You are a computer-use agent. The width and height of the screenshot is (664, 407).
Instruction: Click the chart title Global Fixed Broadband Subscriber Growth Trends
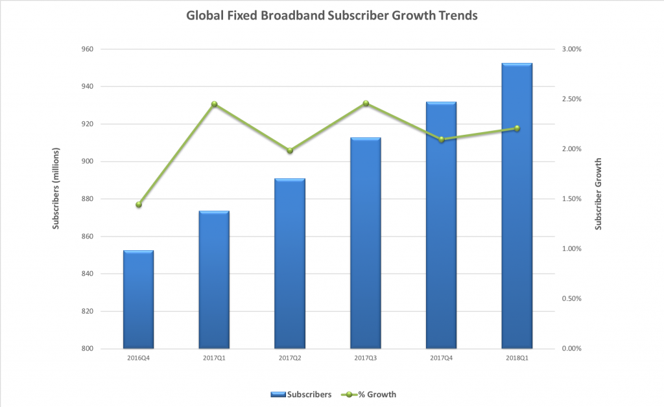tap(332, 15)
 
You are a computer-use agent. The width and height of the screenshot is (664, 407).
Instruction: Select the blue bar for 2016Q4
tap(138, 299)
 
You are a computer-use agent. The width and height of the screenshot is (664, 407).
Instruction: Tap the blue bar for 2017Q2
tap(289, 264)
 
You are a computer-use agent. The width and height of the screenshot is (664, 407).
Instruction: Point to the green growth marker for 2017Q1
tap(214, 104)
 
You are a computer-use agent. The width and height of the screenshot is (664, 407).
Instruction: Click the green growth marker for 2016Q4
tap(138, 205)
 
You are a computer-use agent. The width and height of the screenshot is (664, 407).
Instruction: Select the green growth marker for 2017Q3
tap(366, 104)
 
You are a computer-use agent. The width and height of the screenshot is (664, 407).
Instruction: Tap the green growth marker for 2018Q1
tap(517, 128)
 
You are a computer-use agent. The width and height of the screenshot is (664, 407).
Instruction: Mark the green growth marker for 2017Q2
tap(290, 151)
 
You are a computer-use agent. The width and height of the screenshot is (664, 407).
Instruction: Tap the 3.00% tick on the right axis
tap(571, 49)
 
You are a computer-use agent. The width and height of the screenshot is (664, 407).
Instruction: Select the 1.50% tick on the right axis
tap(571, 199)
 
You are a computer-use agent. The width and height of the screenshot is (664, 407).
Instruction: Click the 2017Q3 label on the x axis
tap(366, 357)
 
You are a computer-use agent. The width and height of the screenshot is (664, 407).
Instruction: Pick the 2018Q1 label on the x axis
tap(517, 357)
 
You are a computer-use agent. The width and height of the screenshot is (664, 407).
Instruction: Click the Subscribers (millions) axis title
tap(56, 199)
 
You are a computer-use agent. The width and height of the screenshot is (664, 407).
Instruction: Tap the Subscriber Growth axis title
tap(599, 194)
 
